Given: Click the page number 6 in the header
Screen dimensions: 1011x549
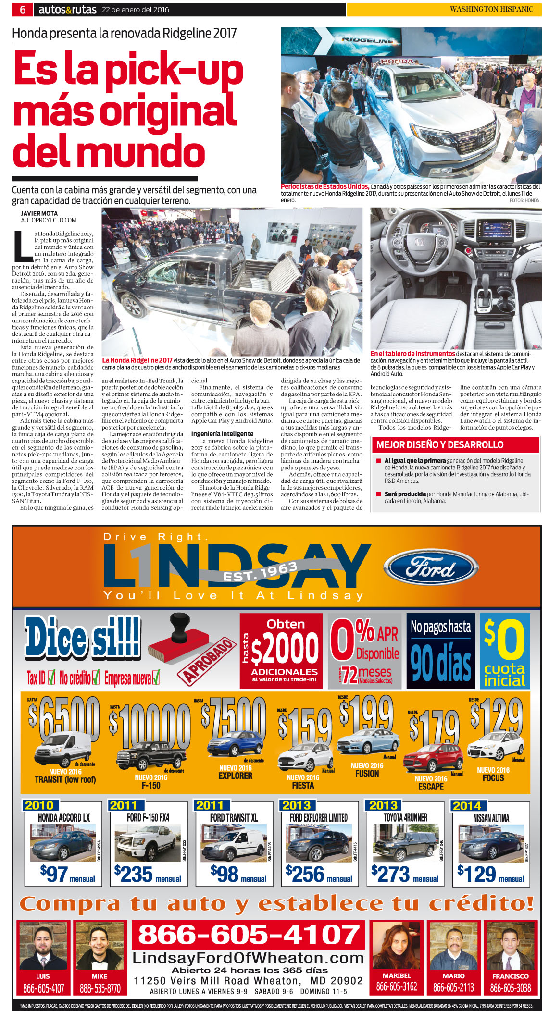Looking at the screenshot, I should click(23, 10).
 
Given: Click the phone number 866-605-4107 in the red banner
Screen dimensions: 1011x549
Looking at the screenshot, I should click(249, 935).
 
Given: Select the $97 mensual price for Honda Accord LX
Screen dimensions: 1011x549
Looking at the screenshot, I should click(67, 874).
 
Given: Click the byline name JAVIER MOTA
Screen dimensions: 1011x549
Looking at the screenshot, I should click(39, 213).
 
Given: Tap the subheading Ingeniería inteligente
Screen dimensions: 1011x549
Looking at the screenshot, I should click(222, 433).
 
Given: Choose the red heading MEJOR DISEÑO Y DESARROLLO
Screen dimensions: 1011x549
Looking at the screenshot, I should click(440, 444).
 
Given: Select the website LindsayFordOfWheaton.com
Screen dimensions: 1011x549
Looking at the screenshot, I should click(248, 958).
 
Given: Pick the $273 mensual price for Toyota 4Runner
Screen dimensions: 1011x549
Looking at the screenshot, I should click(404, 874).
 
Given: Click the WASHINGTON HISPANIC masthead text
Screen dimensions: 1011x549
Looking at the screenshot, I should click(491, 9).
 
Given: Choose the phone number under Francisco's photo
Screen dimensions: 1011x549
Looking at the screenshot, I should click(510, 988).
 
